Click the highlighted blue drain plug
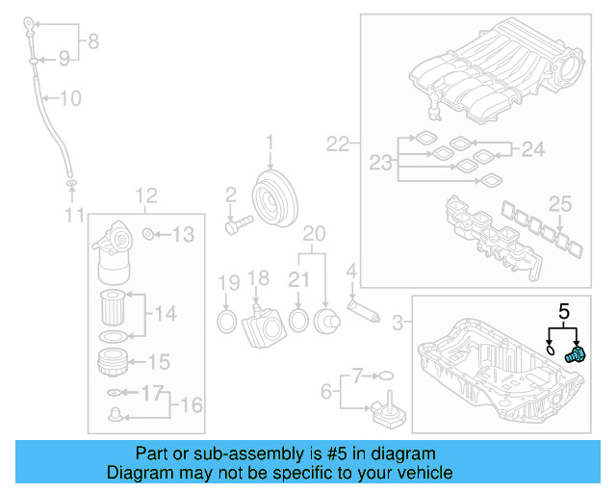click(x=575, y=354)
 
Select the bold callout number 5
click(x=565, y=311)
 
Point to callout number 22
click(x=338, y=144)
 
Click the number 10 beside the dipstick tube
click(x=71, y=98)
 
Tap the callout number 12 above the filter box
click(x=145, y=197)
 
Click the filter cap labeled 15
click(x=114, y=363)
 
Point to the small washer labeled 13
click(x=147, y=234)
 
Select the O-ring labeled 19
click(x=226, y=320)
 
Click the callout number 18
click(x=258, y=278)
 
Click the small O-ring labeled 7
click(x=385, y=374)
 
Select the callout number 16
click(x=192, y=404)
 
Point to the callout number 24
click(x=532, y=148)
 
